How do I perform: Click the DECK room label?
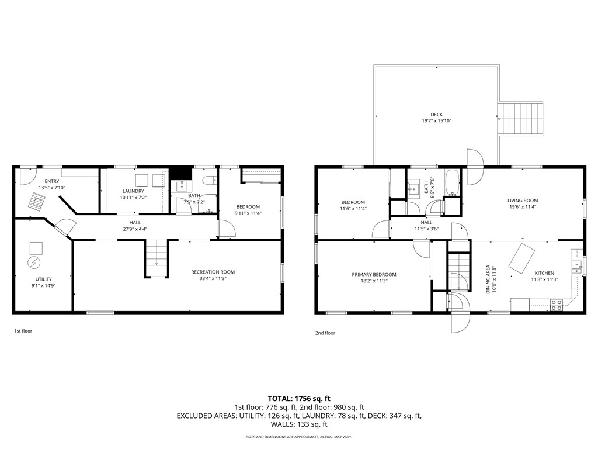click(x=436, y=115)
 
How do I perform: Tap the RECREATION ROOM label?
click(x=213, y=272)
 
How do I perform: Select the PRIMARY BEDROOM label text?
click(x=374, y=275)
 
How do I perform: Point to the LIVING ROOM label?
click(x=523, y=201)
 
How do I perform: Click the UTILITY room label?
click(x=43, y=279)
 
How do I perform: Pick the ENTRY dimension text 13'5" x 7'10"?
click(x=52, y=188)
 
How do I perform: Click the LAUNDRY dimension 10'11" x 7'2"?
click(x=134, y=198)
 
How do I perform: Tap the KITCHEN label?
click(x=544, y=273)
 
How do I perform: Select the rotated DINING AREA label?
click(x=488, y=279)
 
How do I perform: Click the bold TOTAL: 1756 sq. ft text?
click(x=299, y=399)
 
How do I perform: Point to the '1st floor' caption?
click(x=23, y=331)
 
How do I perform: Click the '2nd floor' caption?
click(x=325, y=333)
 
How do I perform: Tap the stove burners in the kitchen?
click(x=557, y=305)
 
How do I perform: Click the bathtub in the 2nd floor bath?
click(x=452, y=182)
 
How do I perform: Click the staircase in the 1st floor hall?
click(x=157, y=257)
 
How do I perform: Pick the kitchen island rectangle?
click(x=521, y=258)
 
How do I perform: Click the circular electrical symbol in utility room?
click(x=33, y=263)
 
